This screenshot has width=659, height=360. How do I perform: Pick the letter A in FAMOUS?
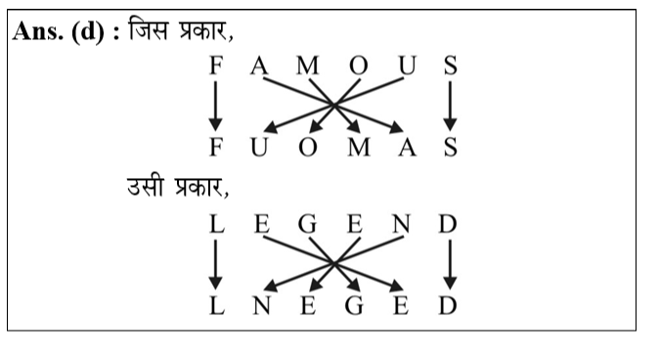[x=259, y=67]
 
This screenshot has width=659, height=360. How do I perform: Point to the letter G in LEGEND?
[x=307, y=225]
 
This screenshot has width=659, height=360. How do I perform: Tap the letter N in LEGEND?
[x=401, y=225]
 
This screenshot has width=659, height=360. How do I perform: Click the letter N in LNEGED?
[x=261, y=307]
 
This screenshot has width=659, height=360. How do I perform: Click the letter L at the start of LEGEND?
[x=216, y=225]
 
